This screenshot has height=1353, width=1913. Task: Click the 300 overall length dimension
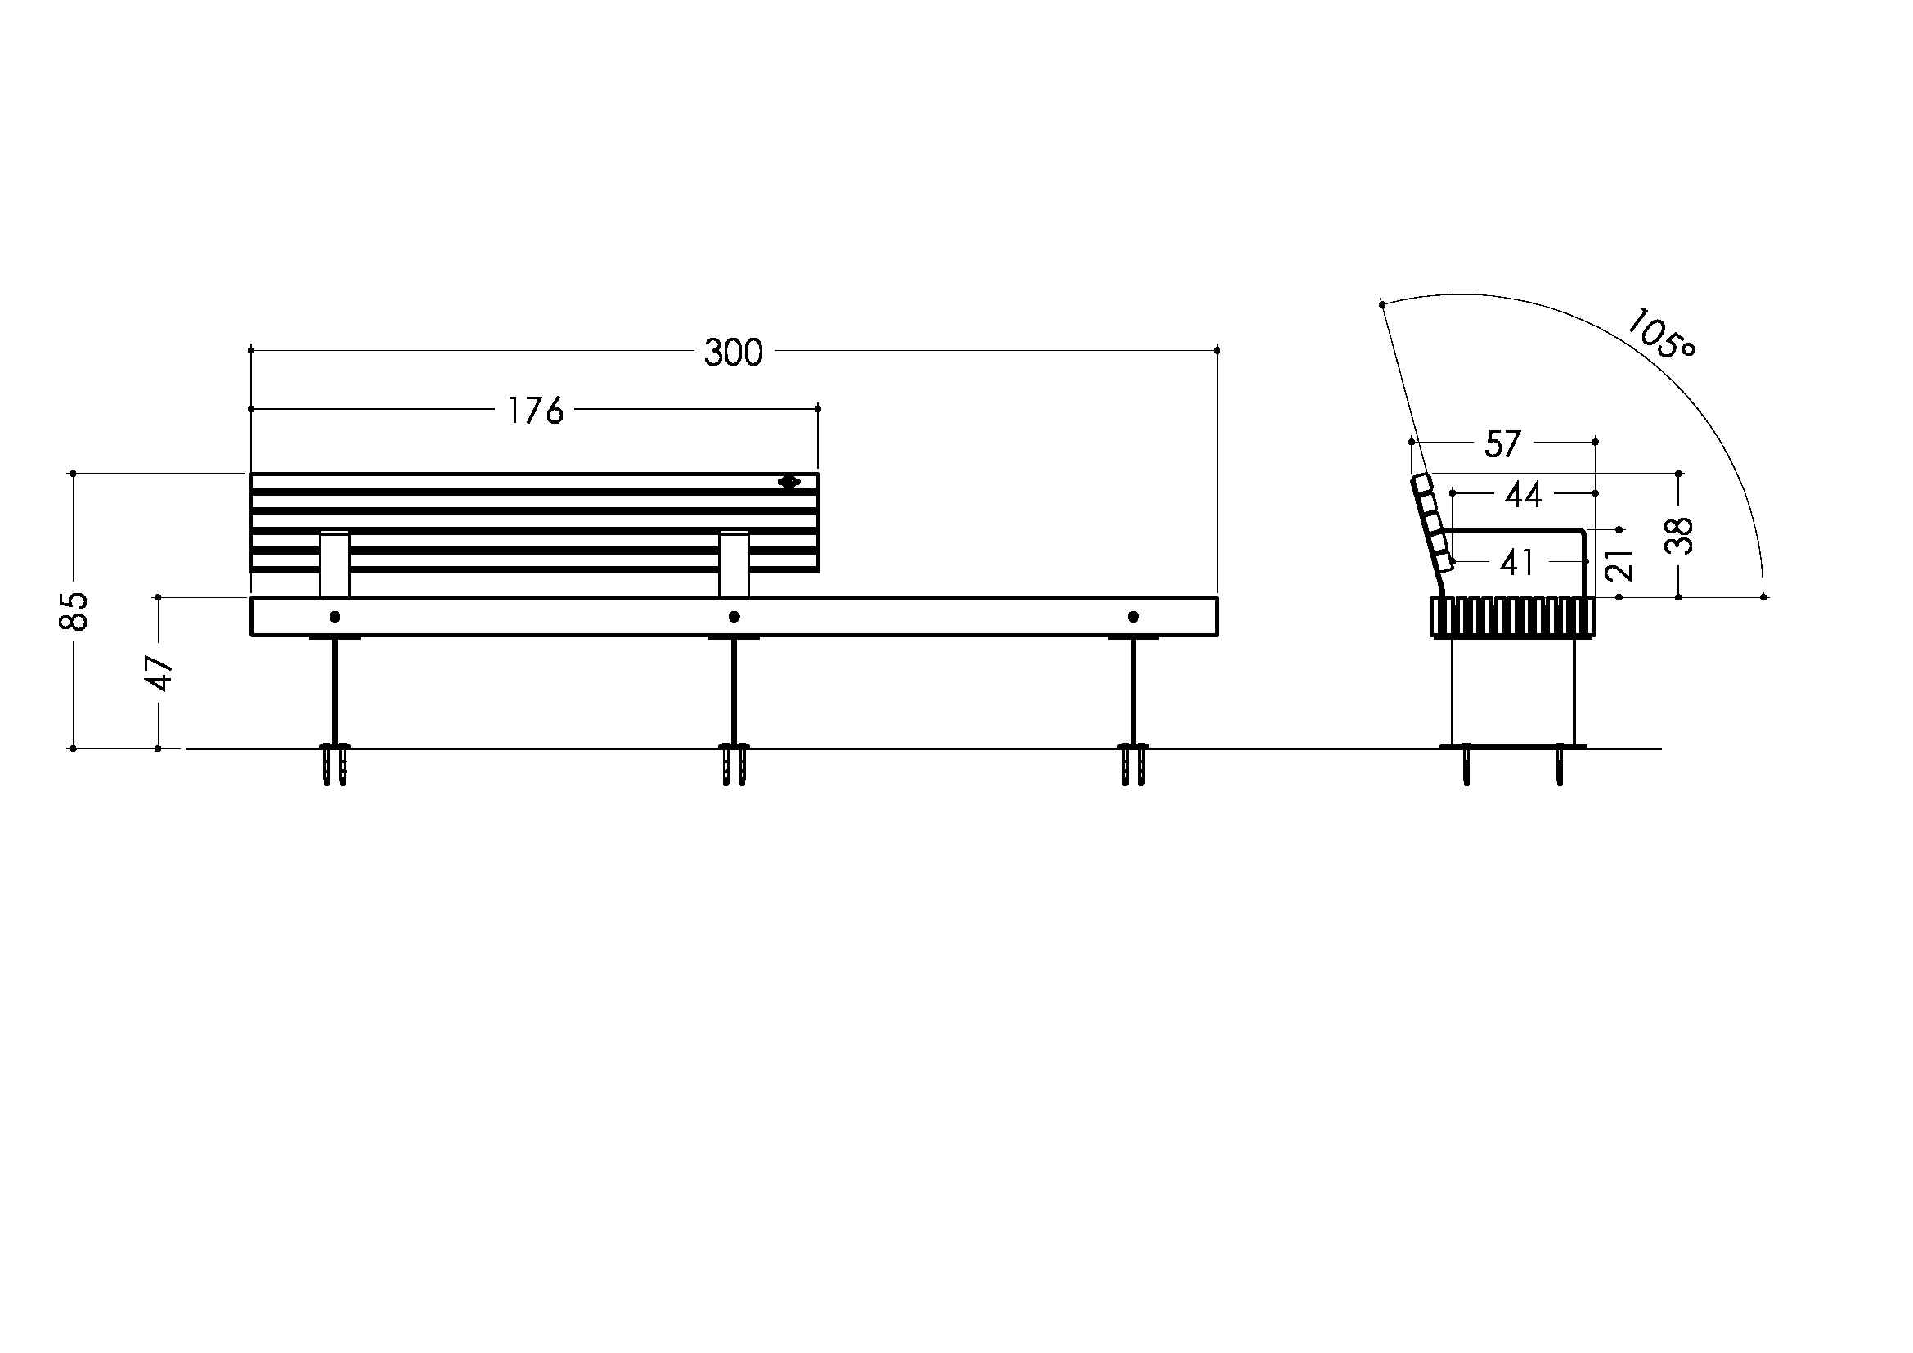(733, 353)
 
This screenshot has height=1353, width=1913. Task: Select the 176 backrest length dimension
(536, 411)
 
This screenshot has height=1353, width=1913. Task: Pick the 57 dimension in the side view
(1503, 445)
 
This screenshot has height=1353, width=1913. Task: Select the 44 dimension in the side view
(1523, 496)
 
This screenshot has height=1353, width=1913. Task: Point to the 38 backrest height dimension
(1679, 536)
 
